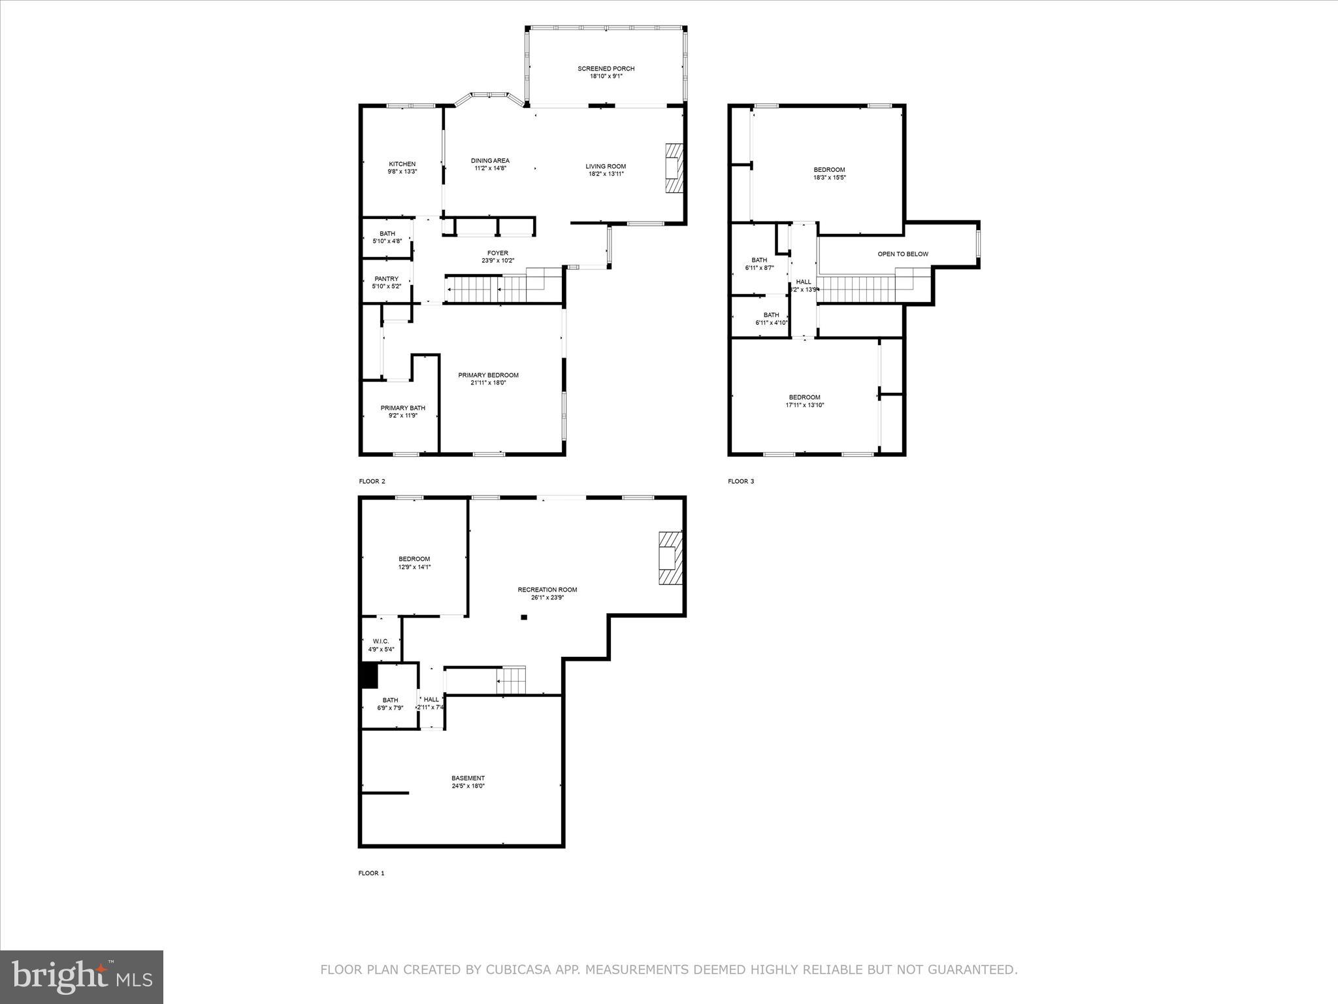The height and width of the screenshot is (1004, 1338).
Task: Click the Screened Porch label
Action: coord(606,69)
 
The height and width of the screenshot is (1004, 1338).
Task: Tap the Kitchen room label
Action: coord(402,164)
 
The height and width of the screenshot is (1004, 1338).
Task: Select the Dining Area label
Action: coord(490,161)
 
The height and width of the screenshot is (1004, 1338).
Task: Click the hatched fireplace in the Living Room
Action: coord(672,169)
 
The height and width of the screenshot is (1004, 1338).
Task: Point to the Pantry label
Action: coord(386,279)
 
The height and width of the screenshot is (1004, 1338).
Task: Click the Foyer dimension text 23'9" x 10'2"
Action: coord(497,261)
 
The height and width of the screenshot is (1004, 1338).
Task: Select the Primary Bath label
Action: coord(402,408)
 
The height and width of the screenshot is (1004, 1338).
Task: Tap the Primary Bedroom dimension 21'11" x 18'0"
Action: coord(488,383)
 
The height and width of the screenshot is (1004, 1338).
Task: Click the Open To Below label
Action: coord(902,254)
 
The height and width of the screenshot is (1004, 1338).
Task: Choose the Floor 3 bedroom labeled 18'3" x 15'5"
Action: coord(829,174)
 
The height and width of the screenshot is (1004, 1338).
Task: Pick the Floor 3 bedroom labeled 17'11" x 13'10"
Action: coord(804,401)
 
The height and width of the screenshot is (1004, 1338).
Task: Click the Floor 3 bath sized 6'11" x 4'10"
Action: coord(771,318)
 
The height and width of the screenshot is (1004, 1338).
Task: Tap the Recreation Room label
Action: coord(547,590)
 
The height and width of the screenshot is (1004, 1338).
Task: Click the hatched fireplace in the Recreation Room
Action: coord(670,558)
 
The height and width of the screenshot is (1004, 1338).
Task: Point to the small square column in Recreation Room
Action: coord(523,616)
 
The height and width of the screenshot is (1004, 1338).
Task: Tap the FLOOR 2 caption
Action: coord(372,482)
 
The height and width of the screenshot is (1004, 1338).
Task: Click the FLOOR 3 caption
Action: coord(741,482)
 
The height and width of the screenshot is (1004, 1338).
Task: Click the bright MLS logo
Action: coord(82,977)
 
